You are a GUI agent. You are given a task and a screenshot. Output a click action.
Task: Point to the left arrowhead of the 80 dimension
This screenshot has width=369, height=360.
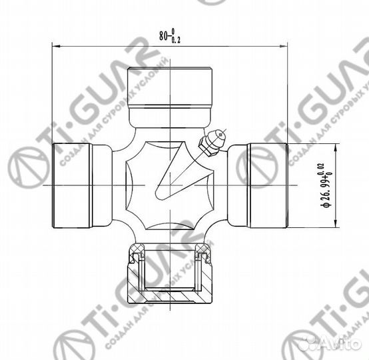57,46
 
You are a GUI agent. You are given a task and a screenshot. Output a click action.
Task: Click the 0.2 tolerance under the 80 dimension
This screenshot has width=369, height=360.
176,40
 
